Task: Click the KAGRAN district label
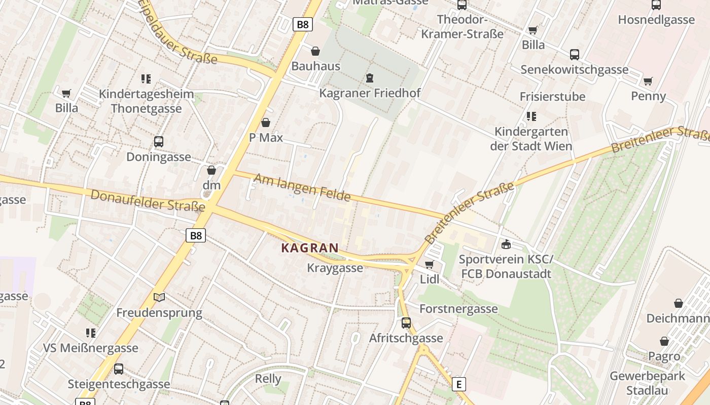click(310, 248)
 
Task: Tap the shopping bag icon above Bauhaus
click(315, 51)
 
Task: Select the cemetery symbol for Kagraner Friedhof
click(370, 78)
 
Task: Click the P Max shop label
click(266, 138)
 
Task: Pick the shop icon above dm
click(211, 170)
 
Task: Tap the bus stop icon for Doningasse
click(159, 142)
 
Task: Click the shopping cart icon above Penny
click(648, 81)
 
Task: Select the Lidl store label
click(430, 279)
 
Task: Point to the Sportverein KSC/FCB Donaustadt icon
click(505, 245)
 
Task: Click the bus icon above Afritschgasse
click(406, 322)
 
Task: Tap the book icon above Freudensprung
click(159, 298)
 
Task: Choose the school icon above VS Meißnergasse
click(91, 333)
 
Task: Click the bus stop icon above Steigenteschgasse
click(119, 369)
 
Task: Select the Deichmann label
click(678, 318)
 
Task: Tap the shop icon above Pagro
click(664, 341)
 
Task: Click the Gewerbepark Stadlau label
click(647, 383)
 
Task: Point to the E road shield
click(458, 384)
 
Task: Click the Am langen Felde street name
click(302, 187)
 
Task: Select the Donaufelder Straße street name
click(148, 200)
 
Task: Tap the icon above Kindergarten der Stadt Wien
click(531, 116)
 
